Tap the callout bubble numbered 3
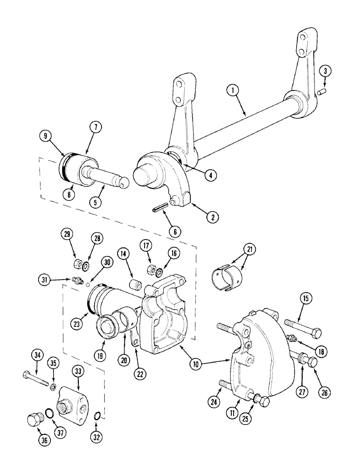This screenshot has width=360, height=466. click(326, 71)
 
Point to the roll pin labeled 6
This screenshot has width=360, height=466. click(160, 210)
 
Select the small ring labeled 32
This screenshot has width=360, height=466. click(97, 415)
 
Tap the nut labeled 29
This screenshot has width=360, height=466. click(77, 264)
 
